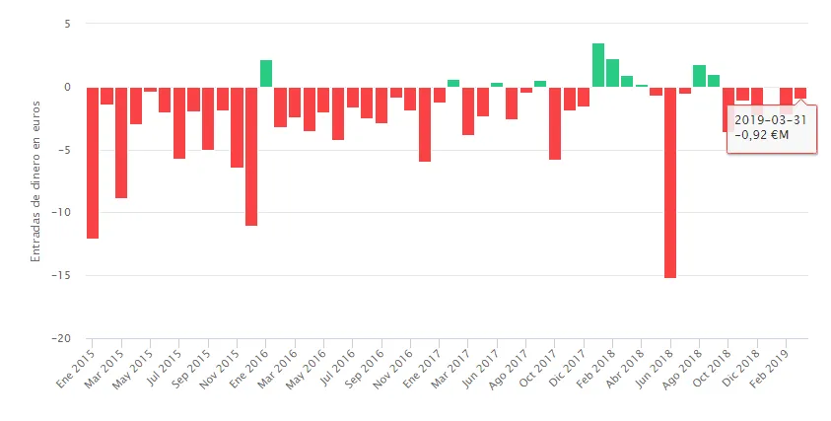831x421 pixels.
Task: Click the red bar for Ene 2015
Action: coord(92,163)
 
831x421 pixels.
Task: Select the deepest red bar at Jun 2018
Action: coord(670,182)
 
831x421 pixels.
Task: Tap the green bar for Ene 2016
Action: coord(266,74)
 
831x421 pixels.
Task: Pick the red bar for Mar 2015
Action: coord(121,142)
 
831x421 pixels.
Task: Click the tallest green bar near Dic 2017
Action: coord(598,65)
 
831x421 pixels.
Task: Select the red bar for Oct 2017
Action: coord(555,123)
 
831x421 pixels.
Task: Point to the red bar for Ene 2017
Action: coord(440,95)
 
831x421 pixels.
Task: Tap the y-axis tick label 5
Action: coord(68,24)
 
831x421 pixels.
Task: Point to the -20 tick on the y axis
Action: coord(62,338)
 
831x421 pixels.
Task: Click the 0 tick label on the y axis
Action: coord(68,87)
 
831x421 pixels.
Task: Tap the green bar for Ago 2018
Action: coord(699,76)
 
